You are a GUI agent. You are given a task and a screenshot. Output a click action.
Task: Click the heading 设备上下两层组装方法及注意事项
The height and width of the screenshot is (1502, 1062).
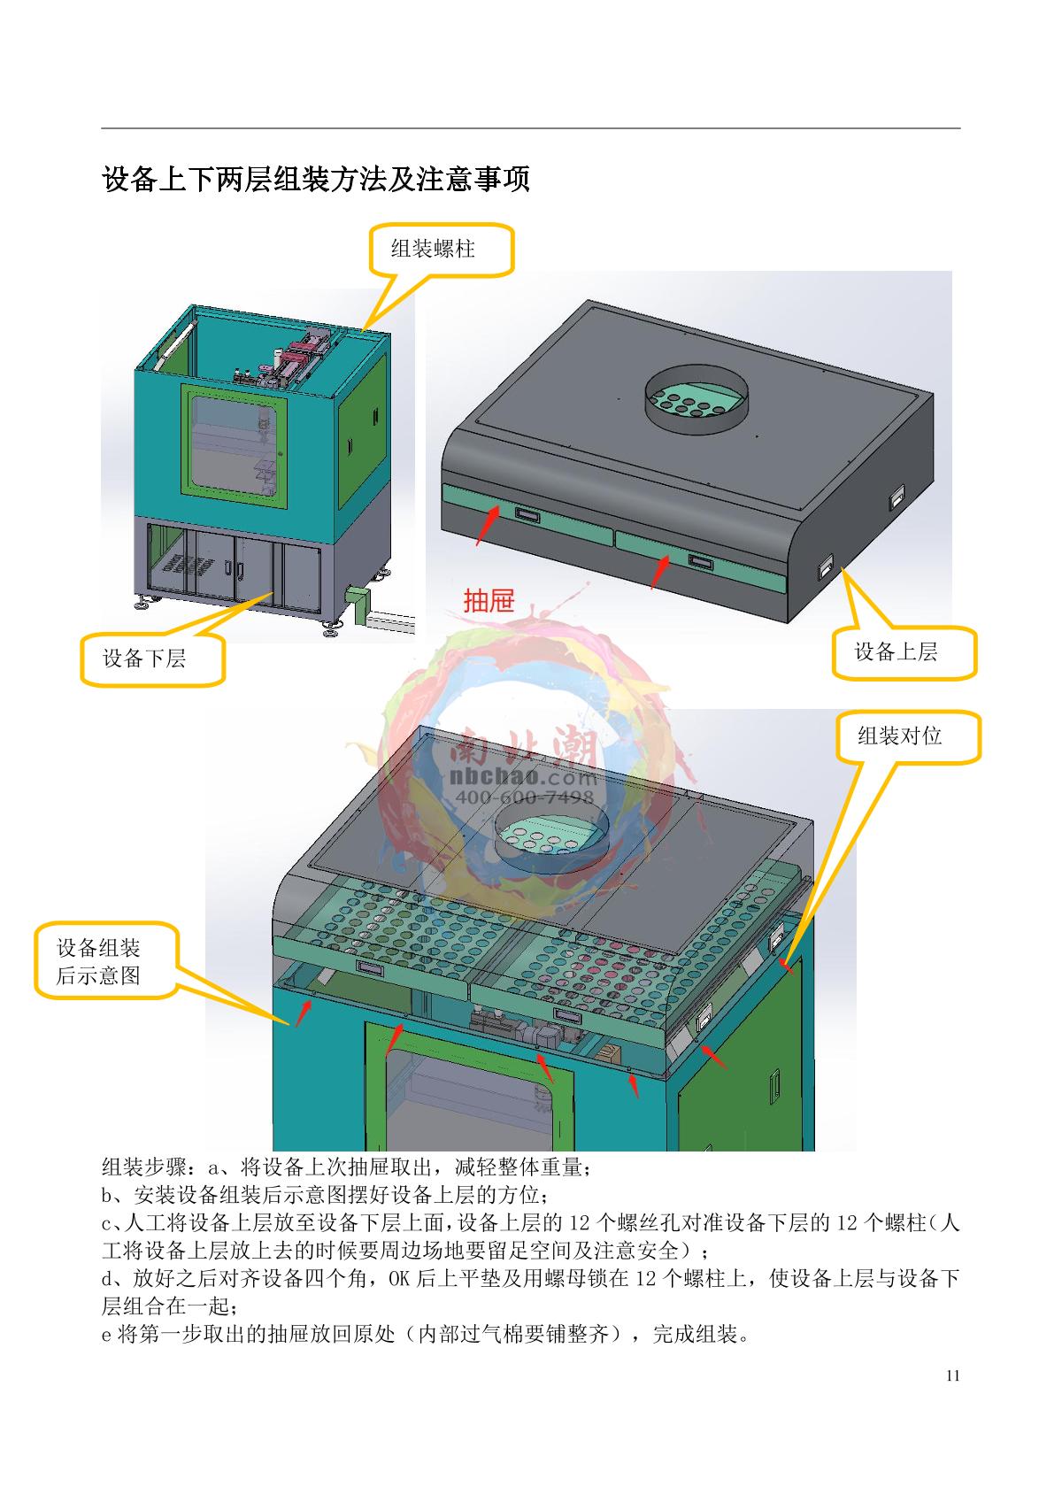316,180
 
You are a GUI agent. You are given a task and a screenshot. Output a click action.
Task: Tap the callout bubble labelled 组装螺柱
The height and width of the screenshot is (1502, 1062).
441,250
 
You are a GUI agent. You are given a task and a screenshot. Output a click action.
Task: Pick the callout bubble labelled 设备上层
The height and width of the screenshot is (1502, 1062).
904,653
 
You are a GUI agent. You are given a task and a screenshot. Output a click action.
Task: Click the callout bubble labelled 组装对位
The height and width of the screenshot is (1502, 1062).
909,737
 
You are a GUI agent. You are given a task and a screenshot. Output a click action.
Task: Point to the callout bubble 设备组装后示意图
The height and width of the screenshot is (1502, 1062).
106,961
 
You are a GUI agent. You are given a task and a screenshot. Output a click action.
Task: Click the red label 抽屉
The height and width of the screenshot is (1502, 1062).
489,600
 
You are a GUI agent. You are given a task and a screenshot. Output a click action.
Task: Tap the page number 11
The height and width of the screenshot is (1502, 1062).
953,1376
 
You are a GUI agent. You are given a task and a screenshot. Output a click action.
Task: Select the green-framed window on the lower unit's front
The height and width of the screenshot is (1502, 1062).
234,444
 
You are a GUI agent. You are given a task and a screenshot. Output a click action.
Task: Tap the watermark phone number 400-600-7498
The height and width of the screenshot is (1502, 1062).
524,797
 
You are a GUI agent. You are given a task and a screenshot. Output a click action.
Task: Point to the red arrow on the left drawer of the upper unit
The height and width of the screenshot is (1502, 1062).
488,526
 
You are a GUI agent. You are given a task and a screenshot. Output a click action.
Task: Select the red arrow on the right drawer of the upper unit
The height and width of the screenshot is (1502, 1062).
659,573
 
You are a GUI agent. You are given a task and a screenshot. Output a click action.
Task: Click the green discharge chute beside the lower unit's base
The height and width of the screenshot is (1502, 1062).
357,605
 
